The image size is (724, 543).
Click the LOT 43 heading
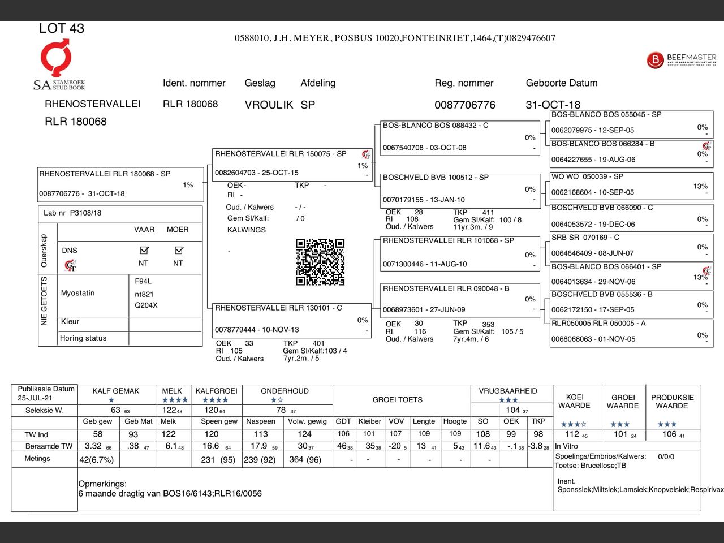[x=61, y=28]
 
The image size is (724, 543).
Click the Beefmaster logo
[x=681, y=60]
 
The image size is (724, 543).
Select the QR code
[x=320, y=262]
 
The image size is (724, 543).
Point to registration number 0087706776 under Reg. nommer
[x=464, y=105]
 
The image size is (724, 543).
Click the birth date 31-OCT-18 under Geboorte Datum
[x=553, y=105]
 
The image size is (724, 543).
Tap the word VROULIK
[x=269, y=105]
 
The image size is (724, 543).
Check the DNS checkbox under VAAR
[x=144, y=250]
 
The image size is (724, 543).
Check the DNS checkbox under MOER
[x=179, y=250]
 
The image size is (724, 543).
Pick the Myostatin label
[x=78, y=293]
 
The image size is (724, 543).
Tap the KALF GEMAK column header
[x=115, y=391]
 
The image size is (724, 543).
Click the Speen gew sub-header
[x=219, y=421]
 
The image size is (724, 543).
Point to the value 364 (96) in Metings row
[x=305, y=460]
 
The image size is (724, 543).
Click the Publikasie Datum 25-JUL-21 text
[x=45, y=393]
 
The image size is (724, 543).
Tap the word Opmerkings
[x=102, y=484]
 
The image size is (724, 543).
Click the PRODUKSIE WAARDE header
[x=672, y=402]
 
